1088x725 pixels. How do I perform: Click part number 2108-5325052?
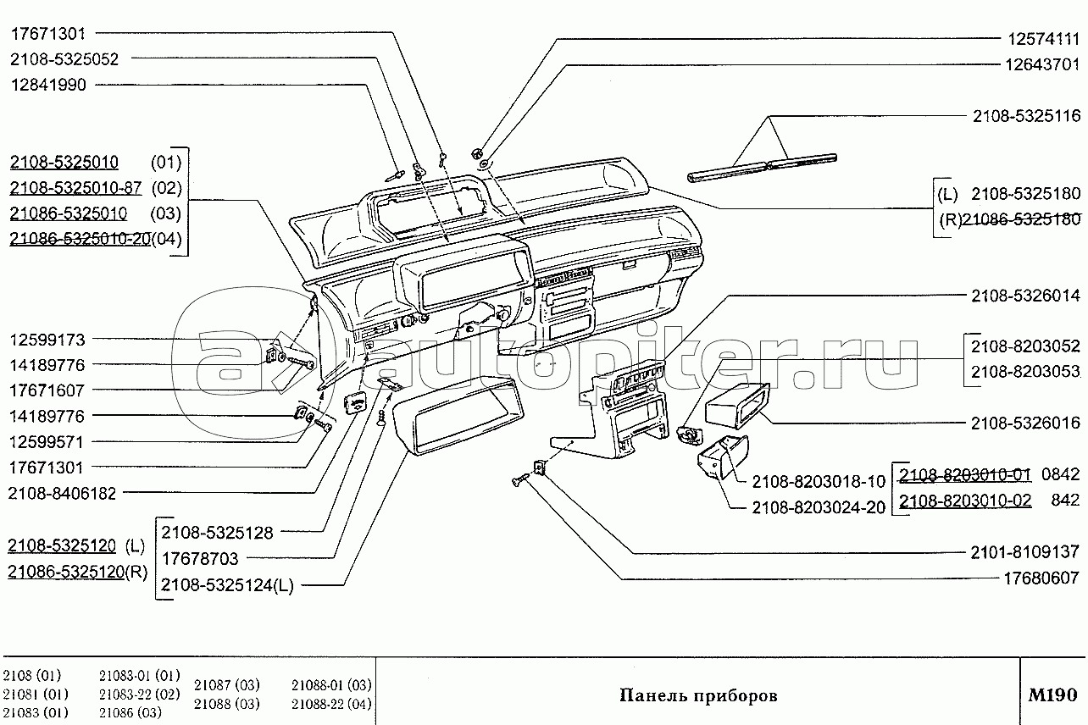tap(64, 59)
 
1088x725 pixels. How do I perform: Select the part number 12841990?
tap(48, 85)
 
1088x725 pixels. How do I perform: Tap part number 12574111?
tap(1043, 39)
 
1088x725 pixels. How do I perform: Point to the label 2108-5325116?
tap(1026, 115)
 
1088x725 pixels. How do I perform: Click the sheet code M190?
tap(1052, 695)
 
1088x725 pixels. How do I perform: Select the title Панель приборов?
tap(698, 696)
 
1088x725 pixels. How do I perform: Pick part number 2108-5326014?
tap(1025, 296)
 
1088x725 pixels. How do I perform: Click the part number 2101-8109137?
tap(1024, 552)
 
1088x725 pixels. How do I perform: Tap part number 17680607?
tap(1041, 578)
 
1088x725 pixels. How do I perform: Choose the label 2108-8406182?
tap(62, 494)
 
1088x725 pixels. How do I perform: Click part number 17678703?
tap(200, 558)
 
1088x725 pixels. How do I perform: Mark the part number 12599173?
tap(47, 340)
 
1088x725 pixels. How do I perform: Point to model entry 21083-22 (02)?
tap(140, 694)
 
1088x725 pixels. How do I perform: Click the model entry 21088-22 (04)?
tap(331, 703)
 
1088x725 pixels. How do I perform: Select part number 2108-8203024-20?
tap(819, 507)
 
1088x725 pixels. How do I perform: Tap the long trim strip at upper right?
tap(762, 168)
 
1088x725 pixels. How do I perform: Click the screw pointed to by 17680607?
tap(520, 479)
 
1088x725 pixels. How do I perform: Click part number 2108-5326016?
tap(1025, 423)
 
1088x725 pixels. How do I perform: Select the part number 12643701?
tap(1042, 64)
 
